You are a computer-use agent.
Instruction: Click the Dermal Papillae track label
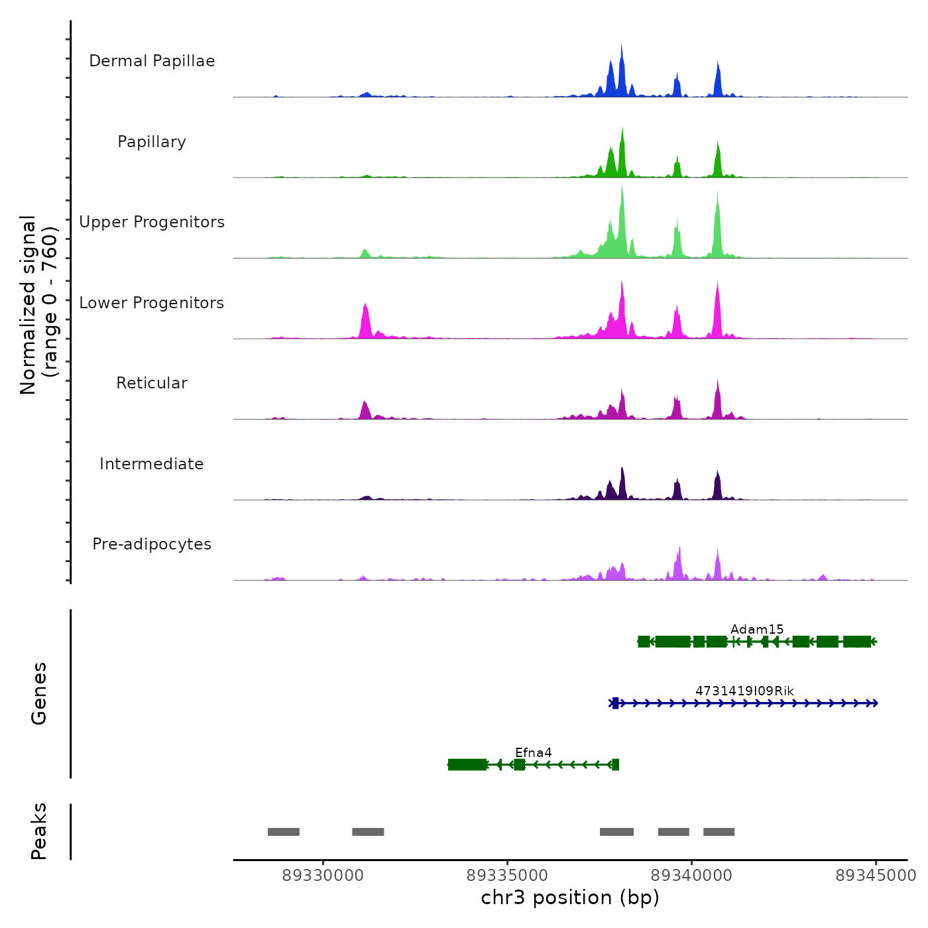tap(152, 61)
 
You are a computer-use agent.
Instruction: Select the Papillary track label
tap(152, 142)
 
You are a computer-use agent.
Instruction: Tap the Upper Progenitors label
tap(152, 222)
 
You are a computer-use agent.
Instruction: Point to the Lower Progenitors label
tap(152, 303)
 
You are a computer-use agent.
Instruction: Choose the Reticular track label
tap(152, 383)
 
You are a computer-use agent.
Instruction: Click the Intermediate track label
tap(152, 464)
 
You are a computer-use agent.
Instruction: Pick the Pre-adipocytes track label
tap(152, 544)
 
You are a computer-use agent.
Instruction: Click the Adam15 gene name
tap(757, 630)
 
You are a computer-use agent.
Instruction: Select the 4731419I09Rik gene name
tap(744, 691)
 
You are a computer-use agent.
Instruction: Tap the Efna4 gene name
tap(534, 752)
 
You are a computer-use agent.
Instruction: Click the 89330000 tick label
tap(323, 876)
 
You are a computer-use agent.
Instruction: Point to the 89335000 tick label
tap(507, 876)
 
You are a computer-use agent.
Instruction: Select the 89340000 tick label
tap(691, 876)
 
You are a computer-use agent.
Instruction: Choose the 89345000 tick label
tap(876, 876)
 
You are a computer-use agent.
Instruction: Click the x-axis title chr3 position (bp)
tap(570, 898)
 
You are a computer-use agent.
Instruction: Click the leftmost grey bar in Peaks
tap(284, 832)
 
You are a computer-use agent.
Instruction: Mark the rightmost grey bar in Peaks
tap(719, 832)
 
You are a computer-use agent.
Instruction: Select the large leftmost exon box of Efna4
tap(467, 765)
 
